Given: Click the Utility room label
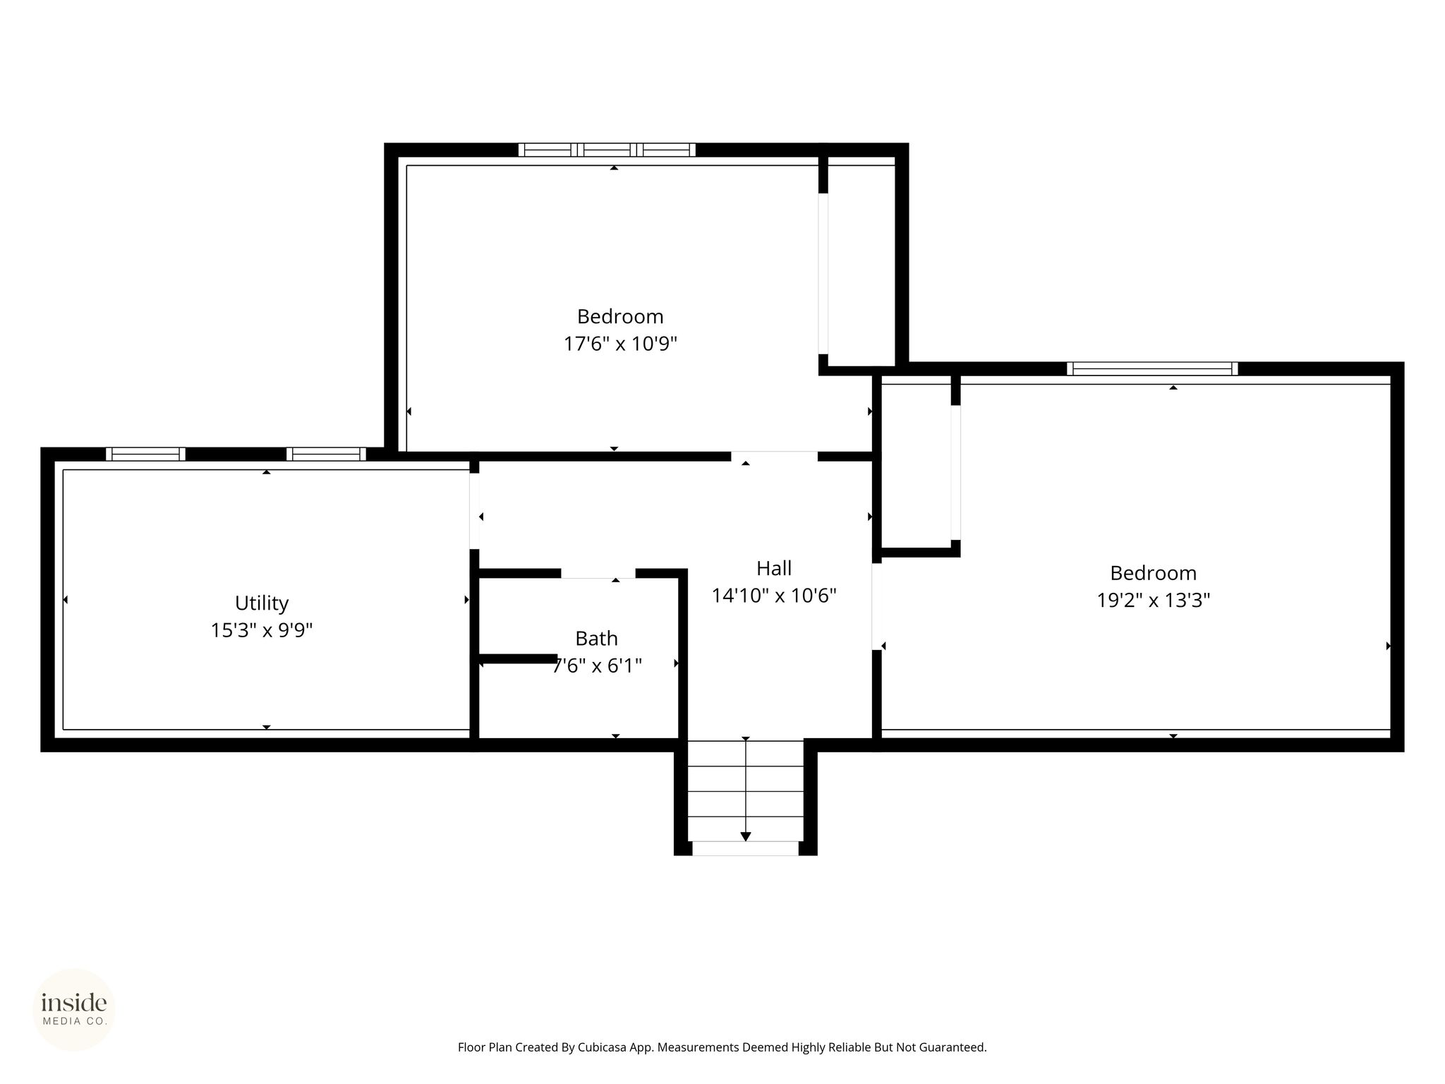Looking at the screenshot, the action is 262,603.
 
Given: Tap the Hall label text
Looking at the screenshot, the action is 774,568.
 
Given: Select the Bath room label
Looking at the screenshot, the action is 596,639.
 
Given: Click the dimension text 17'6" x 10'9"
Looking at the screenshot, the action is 620,344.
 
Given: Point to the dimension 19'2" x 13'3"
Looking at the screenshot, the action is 1154,600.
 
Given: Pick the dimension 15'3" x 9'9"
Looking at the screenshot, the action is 262,630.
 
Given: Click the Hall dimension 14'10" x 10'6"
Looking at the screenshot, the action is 774,596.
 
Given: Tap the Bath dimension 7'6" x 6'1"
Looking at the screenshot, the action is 597,666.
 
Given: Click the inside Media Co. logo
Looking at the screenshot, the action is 74,1010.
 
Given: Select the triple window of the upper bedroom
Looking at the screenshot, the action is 607,150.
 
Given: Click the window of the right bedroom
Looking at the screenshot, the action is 1152,368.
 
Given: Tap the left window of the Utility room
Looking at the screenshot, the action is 145,454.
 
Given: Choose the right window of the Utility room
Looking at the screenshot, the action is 326,454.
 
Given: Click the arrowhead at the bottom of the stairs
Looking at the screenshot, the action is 746,837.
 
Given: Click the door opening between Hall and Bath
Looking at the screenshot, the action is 598,573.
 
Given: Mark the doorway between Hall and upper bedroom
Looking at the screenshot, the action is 774,456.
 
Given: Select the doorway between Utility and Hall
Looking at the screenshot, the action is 474,511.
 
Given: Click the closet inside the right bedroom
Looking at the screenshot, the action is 917,462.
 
